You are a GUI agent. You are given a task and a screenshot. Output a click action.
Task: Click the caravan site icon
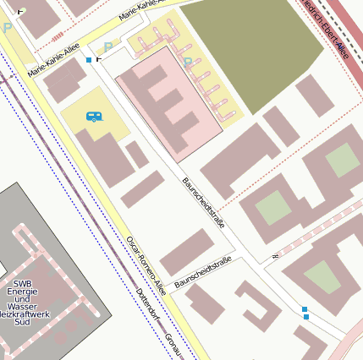[94, 117]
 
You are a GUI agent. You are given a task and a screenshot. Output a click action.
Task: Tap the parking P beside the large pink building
[188, 62]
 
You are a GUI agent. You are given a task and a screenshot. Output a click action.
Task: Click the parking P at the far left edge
[8, 28]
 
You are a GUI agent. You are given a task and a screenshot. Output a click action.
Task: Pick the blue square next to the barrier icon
[89, 60]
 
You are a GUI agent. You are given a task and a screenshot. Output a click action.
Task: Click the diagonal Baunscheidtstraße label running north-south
[203, 203]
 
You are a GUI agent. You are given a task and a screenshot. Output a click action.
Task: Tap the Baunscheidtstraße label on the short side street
[203, 275]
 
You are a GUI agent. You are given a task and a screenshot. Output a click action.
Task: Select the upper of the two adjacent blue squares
[305, 309]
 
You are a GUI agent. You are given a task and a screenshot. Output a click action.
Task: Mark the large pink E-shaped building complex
[169, 106]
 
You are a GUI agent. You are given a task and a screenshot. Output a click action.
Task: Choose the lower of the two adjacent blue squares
[306, 317]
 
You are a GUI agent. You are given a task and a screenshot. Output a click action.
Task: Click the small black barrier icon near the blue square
[99, 59]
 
